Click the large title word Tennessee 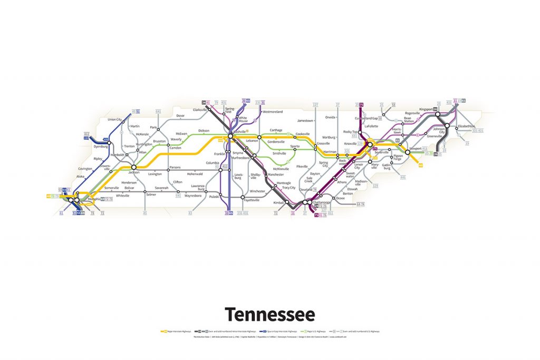tap(269, 314)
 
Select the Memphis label tap(93, 199)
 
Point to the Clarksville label tap(200, 110)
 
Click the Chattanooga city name tap(322, 202)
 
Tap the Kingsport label tap(426, 109)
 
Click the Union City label tap(115, 120)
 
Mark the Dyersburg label tap(100, 147)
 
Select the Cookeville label tap(303, 134)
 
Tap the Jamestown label tap(305, 121)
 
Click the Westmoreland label tap(273, 112)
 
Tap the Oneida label tap(331, 118)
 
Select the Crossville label tap(323, 143)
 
